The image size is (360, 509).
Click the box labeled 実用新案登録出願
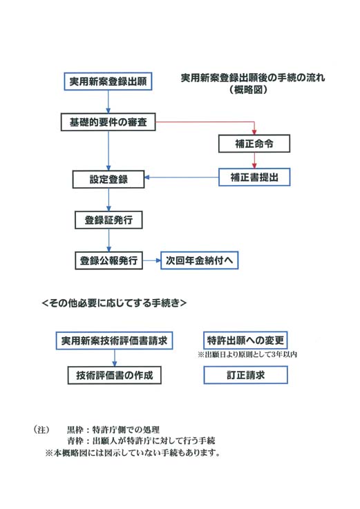pos(108,81)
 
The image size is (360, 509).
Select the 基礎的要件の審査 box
pos(108,122)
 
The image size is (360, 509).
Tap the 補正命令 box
pos(254,144)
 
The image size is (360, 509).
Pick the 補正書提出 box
pos(254,177)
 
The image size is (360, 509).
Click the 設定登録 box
pos(108,179)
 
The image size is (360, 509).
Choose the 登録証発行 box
pos(108,220)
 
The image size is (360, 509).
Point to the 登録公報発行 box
pos(108,260)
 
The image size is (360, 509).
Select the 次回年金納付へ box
pos(200,260)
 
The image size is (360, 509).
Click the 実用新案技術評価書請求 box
pos(114,340)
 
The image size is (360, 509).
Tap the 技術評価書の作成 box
pos(115,375)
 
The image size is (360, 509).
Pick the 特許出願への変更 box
pos(245,340)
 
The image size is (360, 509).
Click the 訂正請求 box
pos(245,375)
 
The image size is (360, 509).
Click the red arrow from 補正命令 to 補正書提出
pos(254,160)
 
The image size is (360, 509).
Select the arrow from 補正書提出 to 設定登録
pos(181,177)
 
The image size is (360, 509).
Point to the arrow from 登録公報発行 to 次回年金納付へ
pos(152,260)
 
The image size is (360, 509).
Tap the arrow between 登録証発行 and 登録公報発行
pos(108,240)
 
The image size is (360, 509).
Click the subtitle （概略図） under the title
pos(249,90)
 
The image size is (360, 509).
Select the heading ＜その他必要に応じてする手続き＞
pos(115,303)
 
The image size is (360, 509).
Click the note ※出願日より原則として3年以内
pos(247,354)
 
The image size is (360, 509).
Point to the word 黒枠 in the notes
pos(75,430)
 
